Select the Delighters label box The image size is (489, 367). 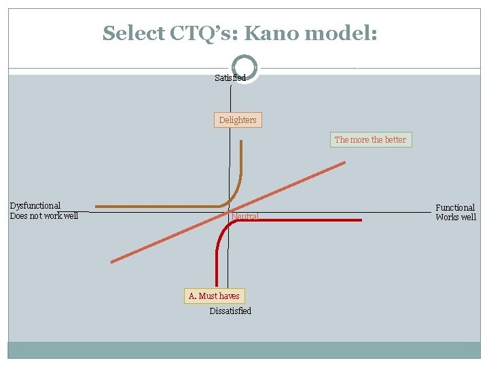coord(238,120)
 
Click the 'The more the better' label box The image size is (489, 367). coord(370,140)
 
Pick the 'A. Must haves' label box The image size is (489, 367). coord(214,296)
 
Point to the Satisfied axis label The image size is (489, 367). coord(230,78)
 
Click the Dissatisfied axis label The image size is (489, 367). coord(230,311)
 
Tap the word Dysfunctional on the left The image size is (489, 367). coord(35,205)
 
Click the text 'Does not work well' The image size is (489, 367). coord(44,216)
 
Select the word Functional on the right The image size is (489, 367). coord(455,207)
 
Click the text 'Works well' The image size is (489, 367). coord(456,217)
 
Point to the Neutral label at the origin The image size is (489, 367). coord(245,217)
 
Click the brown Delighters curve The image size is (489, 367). coord(156,205)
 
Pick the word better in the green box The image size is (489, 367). coord(395,140)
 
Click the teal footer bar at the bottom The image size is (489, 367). coord(244,350)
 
